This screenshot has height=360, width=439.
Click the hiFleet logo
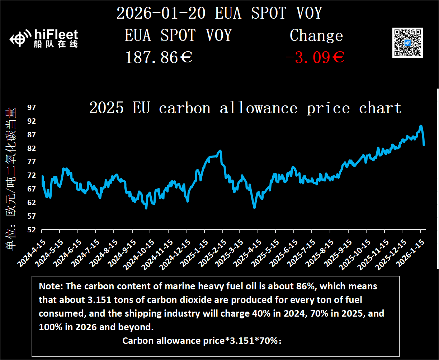pos(44,39)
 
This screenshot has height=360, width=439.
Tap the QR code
pos(407,43)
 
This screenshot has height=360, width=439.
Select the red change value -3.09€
pos(315,57)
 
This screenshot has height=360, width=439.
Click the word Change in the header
pos(316,35)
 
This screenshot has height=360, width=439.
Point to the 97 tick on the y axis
pos(32,108)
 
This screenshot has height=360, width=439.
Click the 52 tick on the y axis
pos(32,230)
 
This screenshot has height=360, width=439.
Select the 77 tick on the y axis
pos(32,162)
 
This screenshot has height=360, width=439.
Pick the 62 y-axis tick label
pos(32,203)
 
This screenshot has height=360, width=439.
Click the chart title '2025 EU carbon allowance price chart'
pos(245,108)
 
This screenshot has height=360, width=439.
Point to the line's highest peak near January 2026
pos(421,126)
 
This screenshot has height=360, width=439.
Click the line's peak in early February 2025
pos(220,151)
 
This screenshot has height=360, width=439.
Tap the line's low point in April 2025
pos(254,207)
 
